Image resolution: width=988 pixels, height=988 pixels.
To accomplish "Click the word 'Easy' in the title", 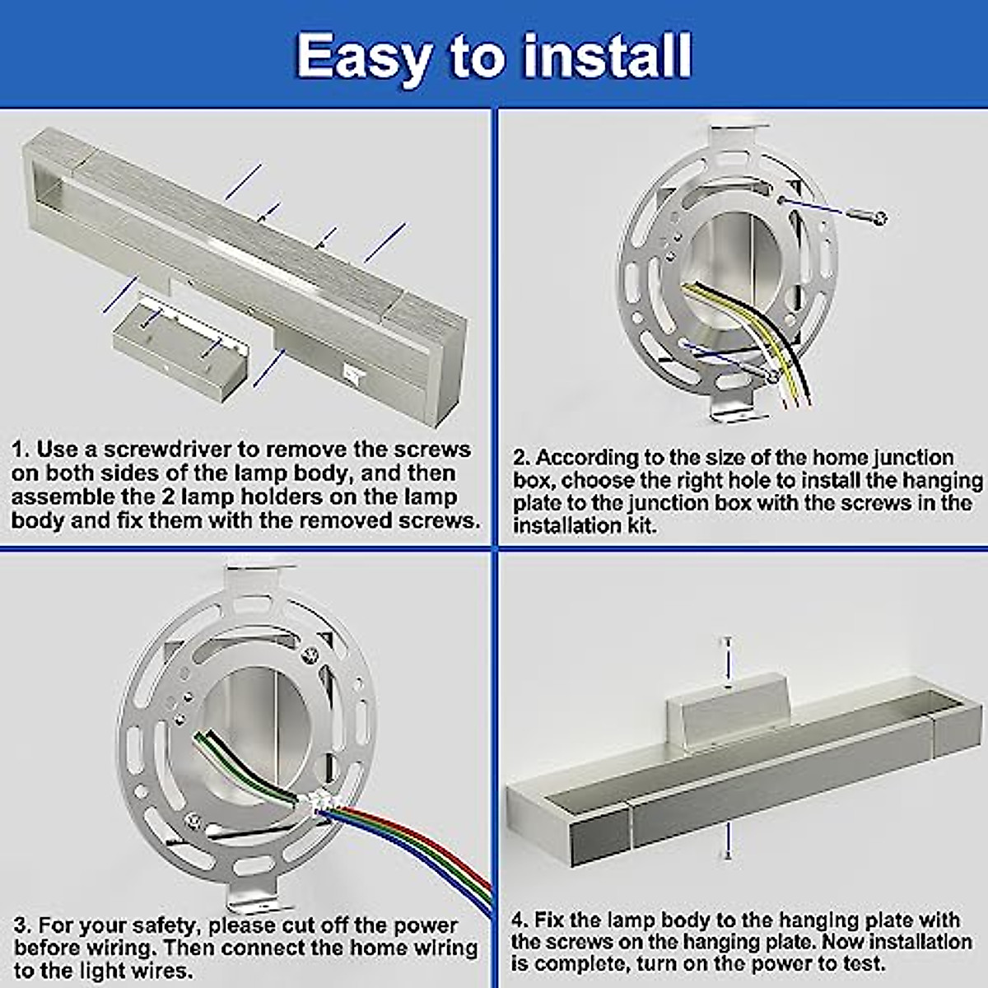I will click(x=363, y=56).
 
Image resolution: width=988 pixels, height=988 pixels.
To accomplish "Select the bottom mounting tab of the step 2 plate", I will click(x=732, y=407).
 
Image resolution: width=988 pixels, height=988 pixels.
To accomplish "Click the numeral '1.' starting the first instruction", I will click(x=21, y=450).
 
